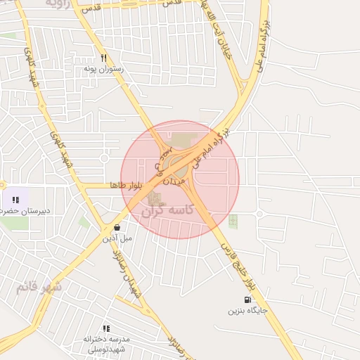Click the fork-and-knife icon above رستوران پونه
[x=103, y=58]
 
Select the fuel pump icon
[x=247, y=300]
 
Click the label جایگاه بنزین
[x=248, y=310]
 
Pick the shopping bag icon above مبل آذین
[x=117, y=227]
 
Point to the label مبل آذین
[x=117, y=238]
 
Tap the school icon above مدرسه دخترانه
[x=106, y=328]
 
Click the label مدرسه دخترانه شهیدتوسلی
[x=104, y=344]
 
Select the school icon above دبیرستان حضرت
[x=15, y=200]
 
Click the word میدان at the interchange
[x=174, y=181]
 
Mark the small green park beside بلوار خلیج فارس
[x=233, y=221]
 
